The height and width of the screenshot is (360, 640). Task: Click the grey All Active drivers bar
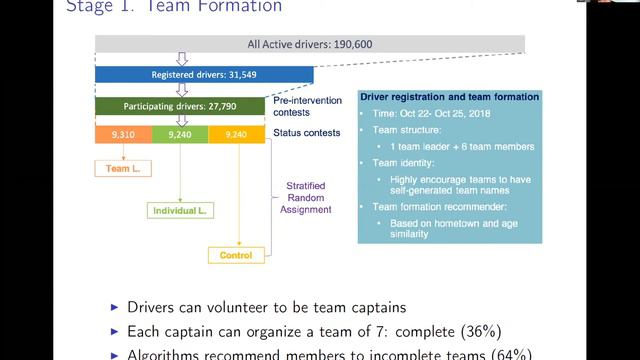click(x=310, y=44)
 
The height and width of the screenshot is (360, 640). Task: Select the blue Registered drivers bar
click(x=204, y=75)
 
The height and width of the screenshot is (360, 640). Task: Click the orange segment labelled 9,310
click(x=123, y=134)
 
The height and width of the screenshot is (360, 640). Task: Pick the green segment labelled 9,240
click(x=180, y=134)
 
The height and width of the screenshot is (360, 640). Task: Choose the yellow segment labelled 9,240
click(x=237, y=134)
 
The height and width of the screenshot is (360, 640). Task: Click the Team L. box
click(x=123, y=169)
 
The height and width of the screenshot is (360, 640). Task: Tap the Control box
click(x=237, y=255)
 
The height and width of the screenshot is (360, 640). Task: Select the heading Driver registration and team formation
click(x=450, y=97)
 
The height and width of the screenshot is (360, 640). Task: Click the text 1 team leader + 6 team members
click(x=461, y=146)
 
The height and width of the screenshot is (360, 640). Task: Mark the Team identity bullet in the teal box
click(x=408, y=162)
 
